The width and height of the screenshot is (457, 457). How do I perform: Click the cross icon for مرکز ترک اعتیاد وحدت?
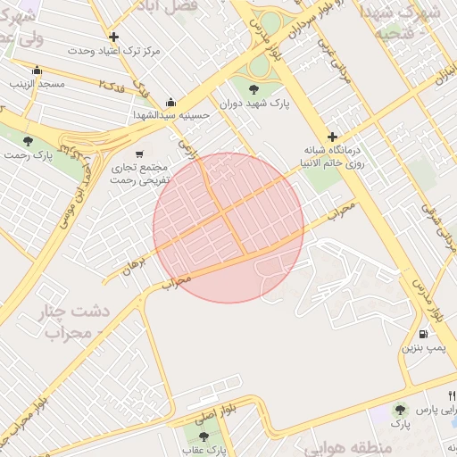[113, 37]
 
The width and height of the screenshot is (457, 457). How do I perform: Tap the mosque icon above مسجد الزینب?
[37, 71]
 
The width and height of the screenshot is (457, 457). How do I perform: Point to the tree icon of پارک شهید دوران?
[254, 87]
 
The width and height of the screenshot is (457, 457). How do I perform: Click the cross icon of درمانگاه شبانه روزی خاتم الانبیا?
[333, 137]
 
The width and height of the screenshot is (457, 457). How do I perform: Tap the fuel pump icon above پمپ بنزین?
[421, 334]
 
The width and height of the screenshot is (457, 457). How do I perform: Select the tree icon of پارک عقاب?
[204, 436]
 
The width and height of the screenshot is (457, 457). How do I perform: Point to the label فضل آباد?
[165, 6]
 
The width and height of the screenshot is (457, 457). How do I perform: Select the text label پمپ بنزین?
[420, 347]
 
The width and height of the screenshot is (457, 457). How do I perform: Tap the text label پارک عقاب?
[204, 450]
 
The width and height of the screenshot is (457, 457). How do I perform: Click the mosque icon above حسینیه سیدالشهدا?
[170, 102]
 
